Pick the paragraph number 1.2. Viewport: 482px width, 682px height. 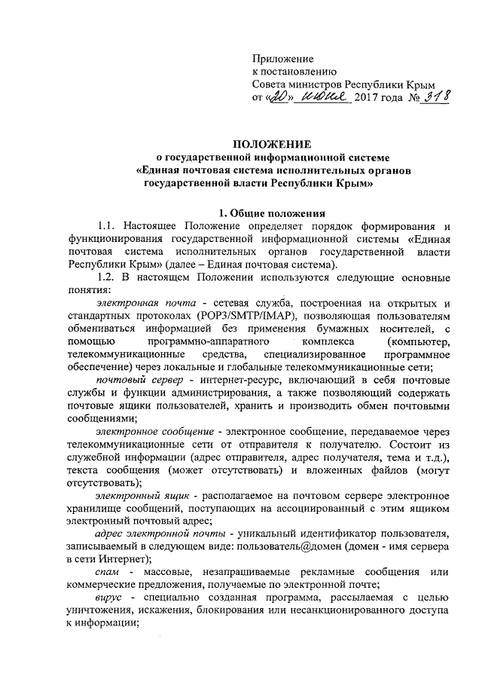pyautogui.click(x=111, y=280)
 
